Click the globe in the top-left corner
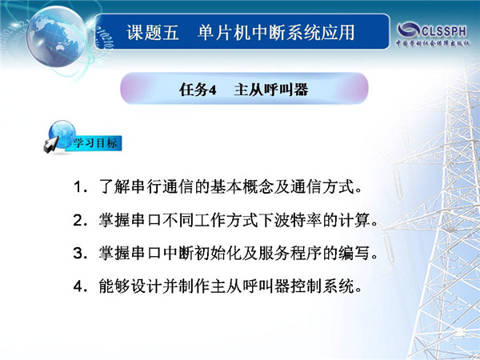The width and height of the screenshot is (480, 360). [x=56, y=37]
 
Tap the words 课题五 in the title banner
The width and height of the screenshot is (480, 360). [x=153, y=33]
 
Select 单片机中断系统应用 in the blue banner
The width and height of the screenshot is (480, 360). [x=276, y=33]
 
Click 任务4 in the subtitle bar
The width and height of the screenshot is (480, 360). [x=198, y=90]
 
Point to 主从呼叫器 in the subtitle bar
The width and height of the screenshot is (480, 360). [x=271, y=90]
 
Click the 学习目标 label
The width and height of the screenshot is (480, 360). [x=95, y=143]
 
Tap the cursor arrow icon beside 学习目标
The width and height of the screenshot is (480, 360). [x=51, y=145]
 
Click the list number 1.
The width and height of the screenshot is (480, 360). [x=78, y=186]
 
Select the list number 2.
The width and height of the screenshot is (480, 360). [x=78, y=220]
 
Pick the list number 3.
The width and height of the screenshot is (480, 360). [x=78, y=253]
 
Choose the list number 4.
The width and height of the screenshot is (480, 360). [x=78, y=286]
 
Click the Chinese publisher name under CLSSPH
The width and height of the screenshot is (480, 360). [x=433, y=43]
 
